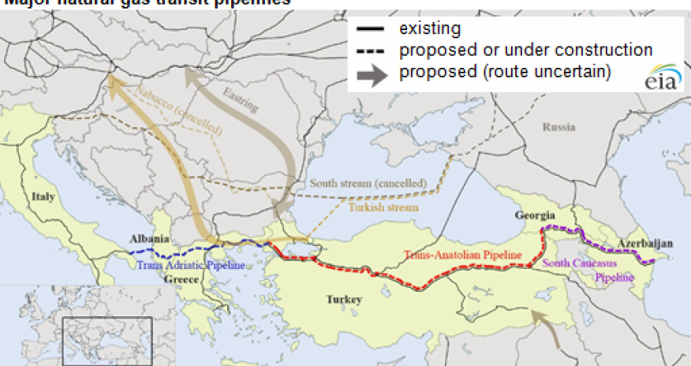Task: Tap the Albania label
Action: tap(149, 238)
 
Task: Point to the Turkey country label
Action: tap(345, 300)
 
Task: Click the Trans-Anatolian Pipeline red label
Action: tap(462, 255)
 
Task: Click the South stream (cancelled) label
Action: tap(368, 183)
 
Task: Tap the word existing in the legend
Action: tap(429, 29)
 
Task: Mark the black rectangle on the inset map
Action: tap(106, 340)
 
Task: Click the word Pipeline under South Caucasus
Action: tap(615, 278)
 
